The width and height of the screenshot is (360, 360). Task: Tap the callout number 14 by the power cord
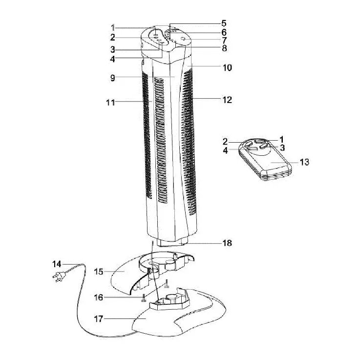[57, 264]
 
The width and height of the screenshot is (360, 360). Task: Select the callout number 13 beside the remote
[304, 162]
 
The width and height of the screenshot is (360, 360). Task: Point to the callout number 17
[98, 319]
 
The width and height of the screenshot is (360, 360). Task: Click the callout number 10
[227, 67]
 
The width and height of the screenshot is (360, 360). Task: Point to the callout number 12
[227, 100]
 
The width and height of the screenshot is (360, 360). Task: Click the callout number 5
[224, 23]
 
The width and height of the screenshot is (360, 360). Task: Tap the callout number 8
[224, 48]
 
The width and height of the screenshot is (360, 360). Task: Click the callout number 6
[224, 32]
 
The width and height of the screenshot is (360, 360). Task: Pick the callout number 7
[224, 40]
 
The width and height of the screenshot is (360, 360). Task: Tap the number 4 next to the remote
[226, 150]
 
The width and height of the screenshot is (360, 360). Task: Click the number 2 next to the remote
[226, 142]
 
